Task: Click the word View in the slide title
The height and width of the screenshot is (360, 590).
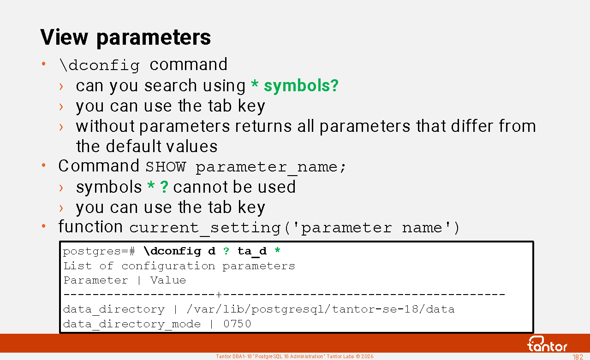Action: pyautogui.click(x=64, y=37)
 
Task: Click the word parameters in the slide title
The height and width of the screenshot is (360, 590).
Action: pyautogui.click(x=154, y=38)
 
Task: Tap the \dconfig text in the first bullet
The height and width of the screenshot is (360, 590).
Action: pyautogui.click(x=100, y=65)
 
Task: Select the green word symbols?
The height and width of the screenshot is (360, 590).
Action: pyautogui.click(x=301, y=86)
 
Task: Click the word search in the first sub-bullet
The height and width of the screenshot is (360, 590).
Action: pyautogui.click(x=170, y=86)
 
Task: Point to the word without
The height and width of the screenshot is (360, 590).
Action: pyautogui.click(x=105, y=126)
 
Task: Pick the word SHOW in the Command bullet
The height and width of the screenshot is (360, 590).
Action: pyautogui.click(x=166, y=167)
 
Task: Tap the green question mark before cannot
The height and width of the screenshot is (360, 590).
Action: pyautogui.click(x=164, y=187)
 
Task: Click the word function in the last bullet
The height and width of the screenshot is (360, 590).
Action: pyautogui.click(x=90, y=226)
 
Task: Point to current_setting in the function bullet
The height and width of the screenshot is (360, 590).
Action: pyautogui.click(x=205, y=228)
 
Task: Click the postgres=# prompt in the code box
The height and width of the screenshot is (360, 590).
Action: pyautogui.click(x=99, y=252)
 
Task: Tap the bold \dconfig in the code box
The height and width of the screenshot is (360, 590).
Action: pyautogui.click(x=173, y=251)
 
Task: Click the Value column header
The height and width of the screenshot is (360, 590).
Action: pyautogui.click(x=168, y=280)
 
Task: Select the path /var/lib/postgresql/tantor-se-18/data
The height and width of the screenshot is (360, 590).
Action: pyautogui.click(x=320, y=309)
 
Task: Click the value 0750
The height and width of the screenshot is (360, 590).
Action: pyautogui.click(x=237, y=324)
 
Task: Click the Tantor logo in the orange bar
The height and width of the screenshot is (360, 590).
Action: pyautogui.click(x=547, y=344)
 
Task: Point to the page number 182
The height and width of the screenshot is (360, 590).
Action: pyautogui.click(x=578, y=357)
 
